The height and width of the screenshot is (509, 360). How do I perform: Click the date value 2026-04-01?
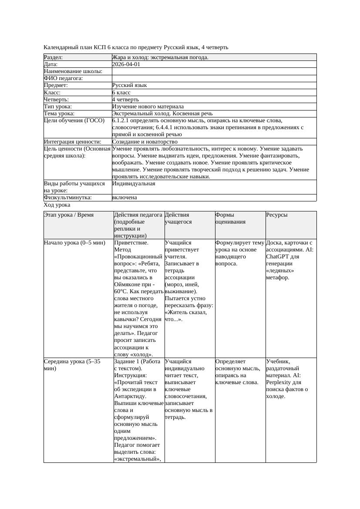126,64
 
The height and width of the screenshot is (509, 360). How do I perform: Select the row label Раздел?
54,57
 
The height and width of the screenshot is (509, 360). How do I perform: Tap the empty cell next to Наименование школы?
213,71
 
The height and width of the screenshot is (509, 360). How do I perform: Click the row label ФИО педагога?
64,78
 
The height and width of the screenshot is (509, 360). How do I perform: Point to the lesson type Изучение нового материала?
148,106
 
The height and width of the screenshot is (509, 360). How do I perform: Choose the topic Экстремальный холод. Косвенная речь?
162,113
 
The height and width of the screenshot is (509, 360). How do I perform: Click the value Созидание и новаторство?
145,142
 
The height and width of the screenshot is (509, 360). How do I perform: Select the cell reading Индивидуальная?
134,184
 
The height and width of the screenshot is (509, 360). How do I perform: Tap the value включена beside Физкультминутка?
124,198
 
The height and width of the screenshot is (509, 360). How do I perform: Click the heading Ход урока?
57,205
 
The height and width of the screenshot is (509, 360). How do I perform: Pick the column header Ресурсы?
277,215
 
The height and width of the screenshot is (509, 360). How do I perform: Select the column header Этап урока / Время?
69,215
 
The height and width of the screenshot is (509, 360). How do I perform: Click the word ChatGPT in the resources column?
278,257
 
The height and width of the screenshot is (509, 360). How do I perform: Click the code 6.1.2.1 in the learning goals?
121,121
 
